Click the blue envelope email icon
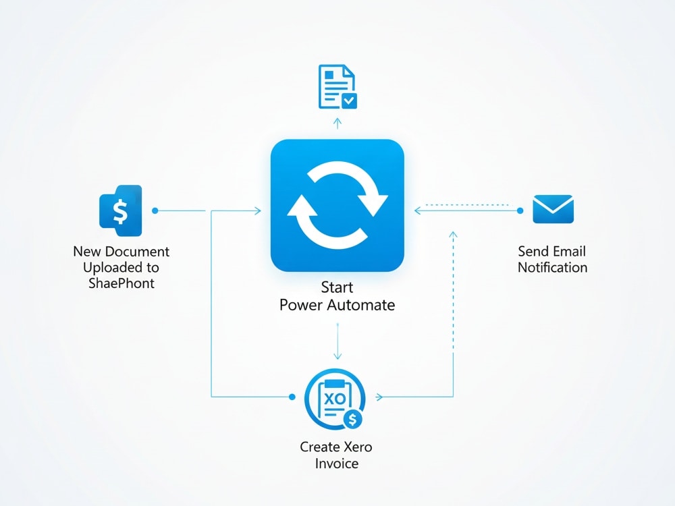coord(553,209)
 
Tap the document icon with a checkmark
coord(337,86)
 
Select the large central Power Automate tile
coord(337,205)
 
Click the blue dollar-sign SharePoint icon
coord(121,210)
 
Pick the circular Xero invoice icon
coord(335,399)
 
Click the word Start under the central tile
coord(337,287)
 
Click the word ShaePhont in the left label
coord(122,283)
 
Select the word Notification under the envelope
coord(552,267)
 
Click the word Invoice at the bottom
coord(337,463)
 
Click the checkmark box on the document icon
coord(349,101)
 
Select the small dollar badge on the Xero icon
coord(352,419)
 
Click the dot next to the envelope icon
coord(520,210)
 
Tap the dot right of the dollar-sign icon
coord(155,210)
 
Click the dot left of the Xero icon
coord(292,397)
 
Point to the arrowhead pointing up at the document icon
coord(337,121)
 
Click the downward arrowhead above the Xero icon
coord(337,356)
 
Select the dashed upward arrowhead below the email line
coord(453,235)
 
